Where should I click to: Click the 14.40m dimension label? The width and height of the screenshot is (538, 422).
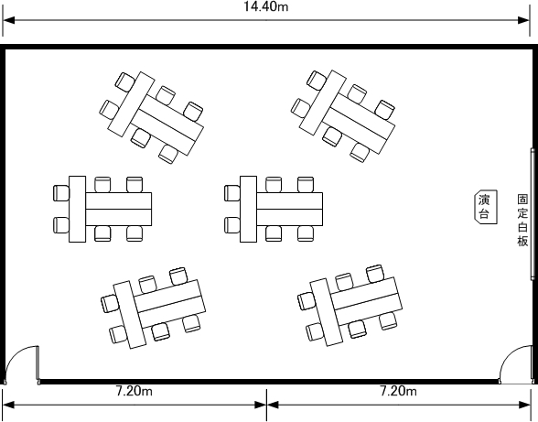tap(266, 6)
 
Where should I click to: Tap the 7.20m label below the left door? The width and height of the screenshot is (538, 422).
tap(134, 391)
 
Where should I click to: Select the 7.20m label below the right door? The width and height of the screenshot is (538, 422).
tap(398, 391)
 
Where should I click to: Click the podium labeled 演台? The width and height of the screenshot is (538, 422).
tap(486, 207)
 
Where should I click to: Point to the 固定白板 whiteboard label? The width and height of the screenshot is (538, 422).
tap(522, 221)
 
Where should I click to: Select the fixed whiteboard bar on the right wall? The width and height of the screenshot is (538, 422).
tap(533, 213)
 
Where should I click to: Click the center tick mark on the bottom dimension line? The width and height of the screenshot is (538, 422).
tap(266, 405)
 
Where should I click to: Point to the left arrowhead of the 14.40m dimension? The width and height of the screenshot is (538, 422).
tap(8, 20)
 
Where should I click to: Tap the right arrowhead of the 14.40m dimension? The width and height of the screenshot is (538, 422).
tap(524, 20)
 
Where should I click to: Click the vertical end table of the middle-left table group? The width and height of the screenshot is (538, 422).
tap(77, 209)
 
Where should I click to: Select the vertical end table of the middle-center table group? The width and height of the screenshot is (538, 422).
tap(248, 209)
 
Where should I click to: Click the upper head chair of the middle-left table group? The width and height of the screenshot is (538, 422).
tap(61, 193)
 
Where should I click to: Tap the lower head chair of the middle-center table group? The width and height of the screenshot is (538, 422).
tap(232, 225)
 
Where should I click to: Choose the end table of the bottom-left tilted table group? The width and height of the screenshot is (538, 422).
tap(130, 315)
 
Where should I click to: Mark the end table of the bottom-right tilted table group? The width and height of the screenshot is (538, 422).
tap(327, 312)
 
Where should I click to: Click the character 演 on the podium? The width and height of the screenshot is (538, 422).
tap(484, 200)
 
